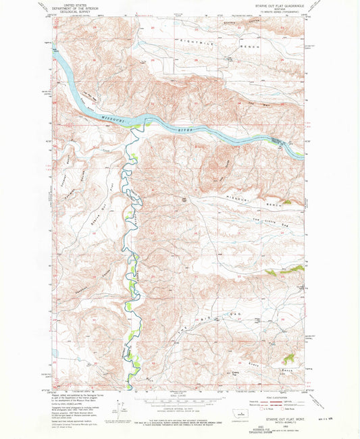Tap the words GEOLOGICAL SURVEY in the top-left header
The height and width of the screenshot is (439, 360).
(x=75, y=11)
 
